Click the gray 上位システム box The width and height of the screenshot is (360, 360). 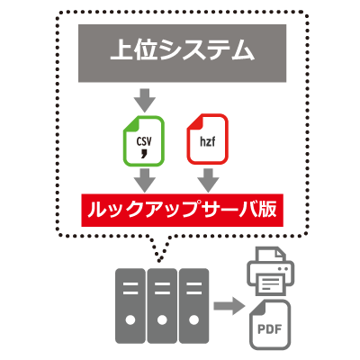coord(180,52)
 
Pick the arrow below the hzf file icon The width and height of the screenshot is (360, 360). coord(206,179)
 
